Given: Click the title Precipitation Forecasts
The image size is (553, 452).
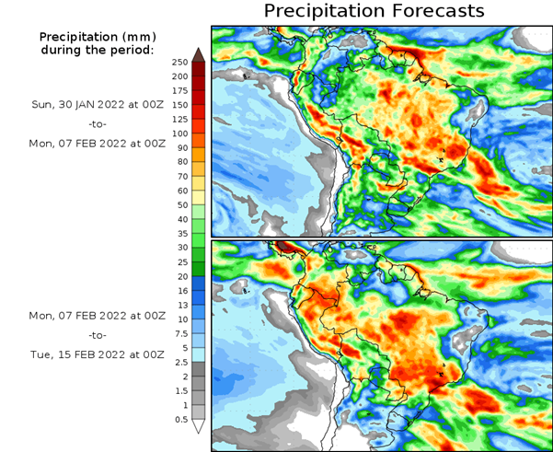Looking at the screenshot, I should click(x=373, y=12).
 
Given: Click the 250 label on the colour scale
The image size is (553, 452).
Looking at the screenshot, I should click(x=179, y=62).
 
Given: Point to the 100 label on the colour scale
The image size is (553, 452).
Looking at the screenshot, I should click(x=179, y=134).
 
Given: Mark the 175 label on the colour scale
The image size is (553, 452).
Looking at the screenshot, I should click(x=179, y=91).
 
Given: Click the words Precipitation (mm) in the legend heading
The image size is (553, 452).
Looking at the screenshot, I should click(x=98, y=36).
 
